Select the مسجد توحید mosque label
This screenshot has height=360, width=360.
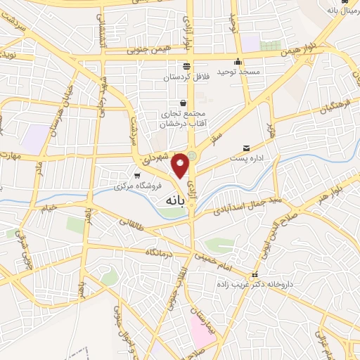tap(238, 72)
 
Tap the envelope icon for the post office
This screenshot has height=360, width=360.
tap(246, 148)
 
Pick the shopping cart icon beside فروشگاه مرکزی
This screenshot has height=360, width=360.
tap(138, 175)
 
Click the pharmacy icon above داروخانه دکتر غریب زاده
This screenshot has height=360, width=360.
tap(255, 274)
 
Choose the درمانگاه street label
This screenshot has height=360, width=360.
tap(160, 252)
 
